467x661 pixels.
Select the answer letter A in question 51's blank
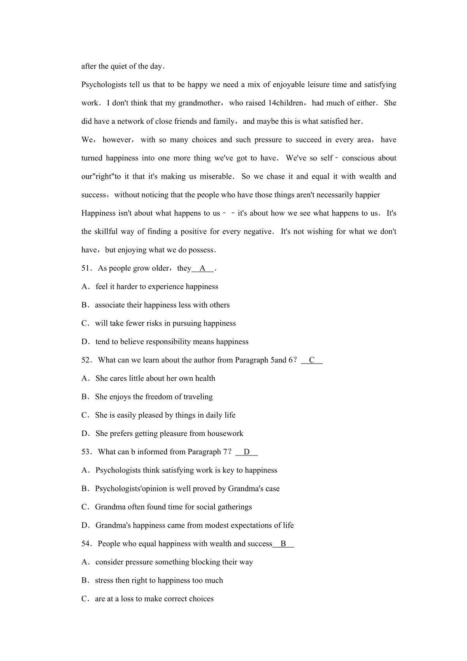(202, 268)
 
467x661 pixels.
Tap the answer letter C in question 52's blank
(312, 360)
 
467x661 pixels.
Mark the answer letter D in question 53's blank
(247, 452)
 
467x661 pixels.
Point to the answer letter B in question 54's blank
(283, 544)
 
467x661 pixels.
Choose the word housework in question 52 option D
(225, 434)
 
